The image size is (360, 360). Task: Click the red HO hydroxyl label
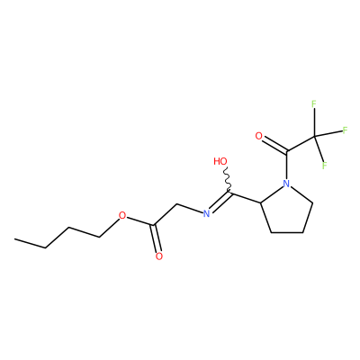[220, 161]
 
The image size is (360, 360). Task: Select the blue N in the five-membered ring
[287, 184]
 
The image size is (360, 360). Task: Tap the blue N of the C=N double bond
[206, 214]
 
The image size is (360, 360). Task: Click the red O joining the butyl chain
[121, 215]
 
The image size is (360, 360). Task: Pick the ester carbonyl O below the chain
[159, 256]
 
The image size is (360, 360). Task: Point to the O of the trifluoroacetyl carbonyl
[258, 136]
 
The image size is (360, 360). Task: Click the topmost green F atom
[314, 104]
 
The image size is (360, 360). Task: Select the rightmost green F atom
[345, 130]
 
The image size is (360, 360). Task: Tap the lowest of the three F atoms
[324, 166]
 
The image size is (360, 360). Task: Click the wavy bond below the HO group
[228, 179]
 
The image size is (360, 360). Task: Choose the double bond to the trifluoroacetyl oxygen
[274, 145]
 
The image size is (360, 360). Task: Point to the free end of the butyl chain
[14, 239]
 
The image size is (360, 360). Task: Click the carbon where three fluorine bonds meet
[315, 137]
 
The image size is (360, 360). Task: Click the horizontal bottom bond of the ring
[287, 232]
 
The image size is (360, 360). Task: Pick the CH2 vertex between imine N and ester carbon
[177, 205]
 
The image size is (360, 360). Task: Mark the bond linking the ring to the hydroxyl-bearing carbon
[246, 198]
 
